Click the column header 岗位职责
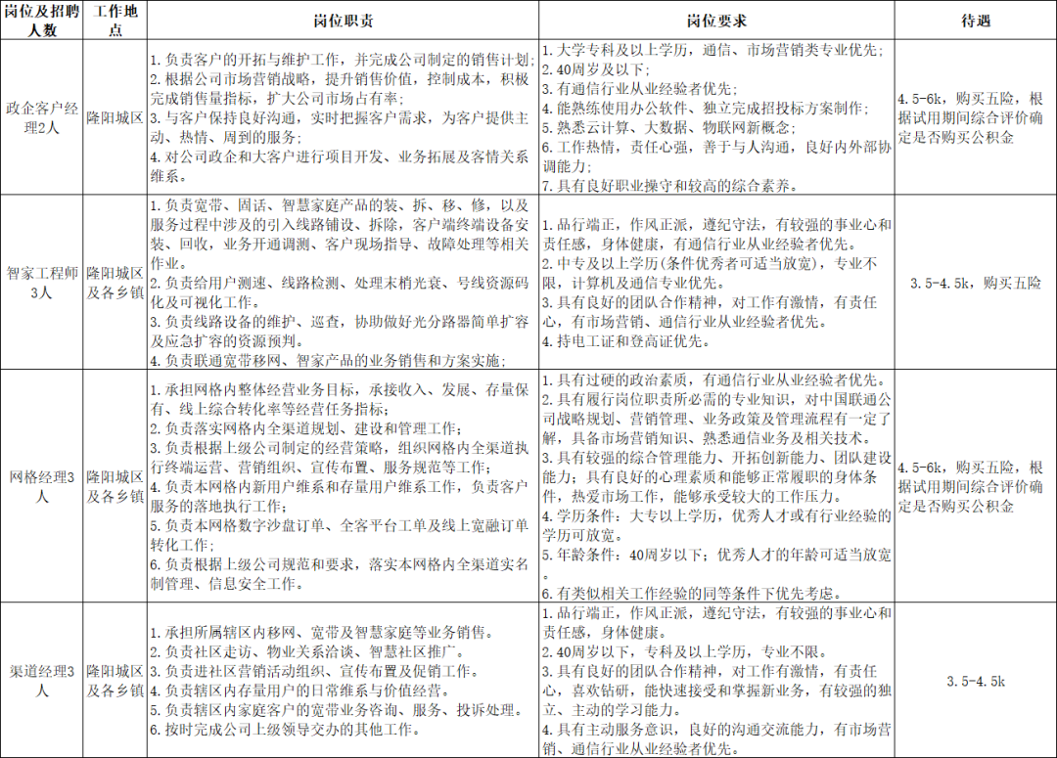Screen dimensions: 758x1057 point(343,20)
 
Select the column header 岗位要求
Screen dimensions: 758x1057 point(717,20)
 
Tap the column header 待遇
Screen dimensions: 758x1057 point(975,20)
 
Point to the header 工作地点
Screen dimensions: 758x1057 point(115,20)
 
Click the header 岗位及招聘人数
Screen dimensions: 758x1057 point(43,20)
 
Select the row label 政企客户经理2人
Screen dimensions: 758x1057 point(43,116)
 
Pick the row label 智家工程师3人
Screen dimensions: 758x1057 point(43,283)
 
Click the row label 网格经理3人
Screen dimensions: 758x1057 point(43,486)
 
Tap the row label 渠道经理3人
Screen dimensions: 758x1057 point(43,681)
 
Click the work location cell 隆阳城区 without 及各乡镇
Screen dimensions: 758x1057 point(115,116)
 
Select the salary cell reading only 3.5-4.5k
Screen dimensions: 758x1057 point(975,681)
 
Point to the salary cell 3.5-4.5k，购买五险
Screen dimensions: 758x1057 point(975,283)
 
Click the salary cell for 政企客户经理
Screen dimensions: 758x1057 point(975,116)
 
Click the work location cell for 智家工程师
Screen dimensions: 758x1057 point(115,283)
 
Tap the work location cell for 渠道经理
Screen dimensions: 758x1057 point(115,681)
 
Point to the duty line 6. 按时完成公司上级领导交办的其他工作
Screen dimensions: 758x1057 point(286,730)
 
